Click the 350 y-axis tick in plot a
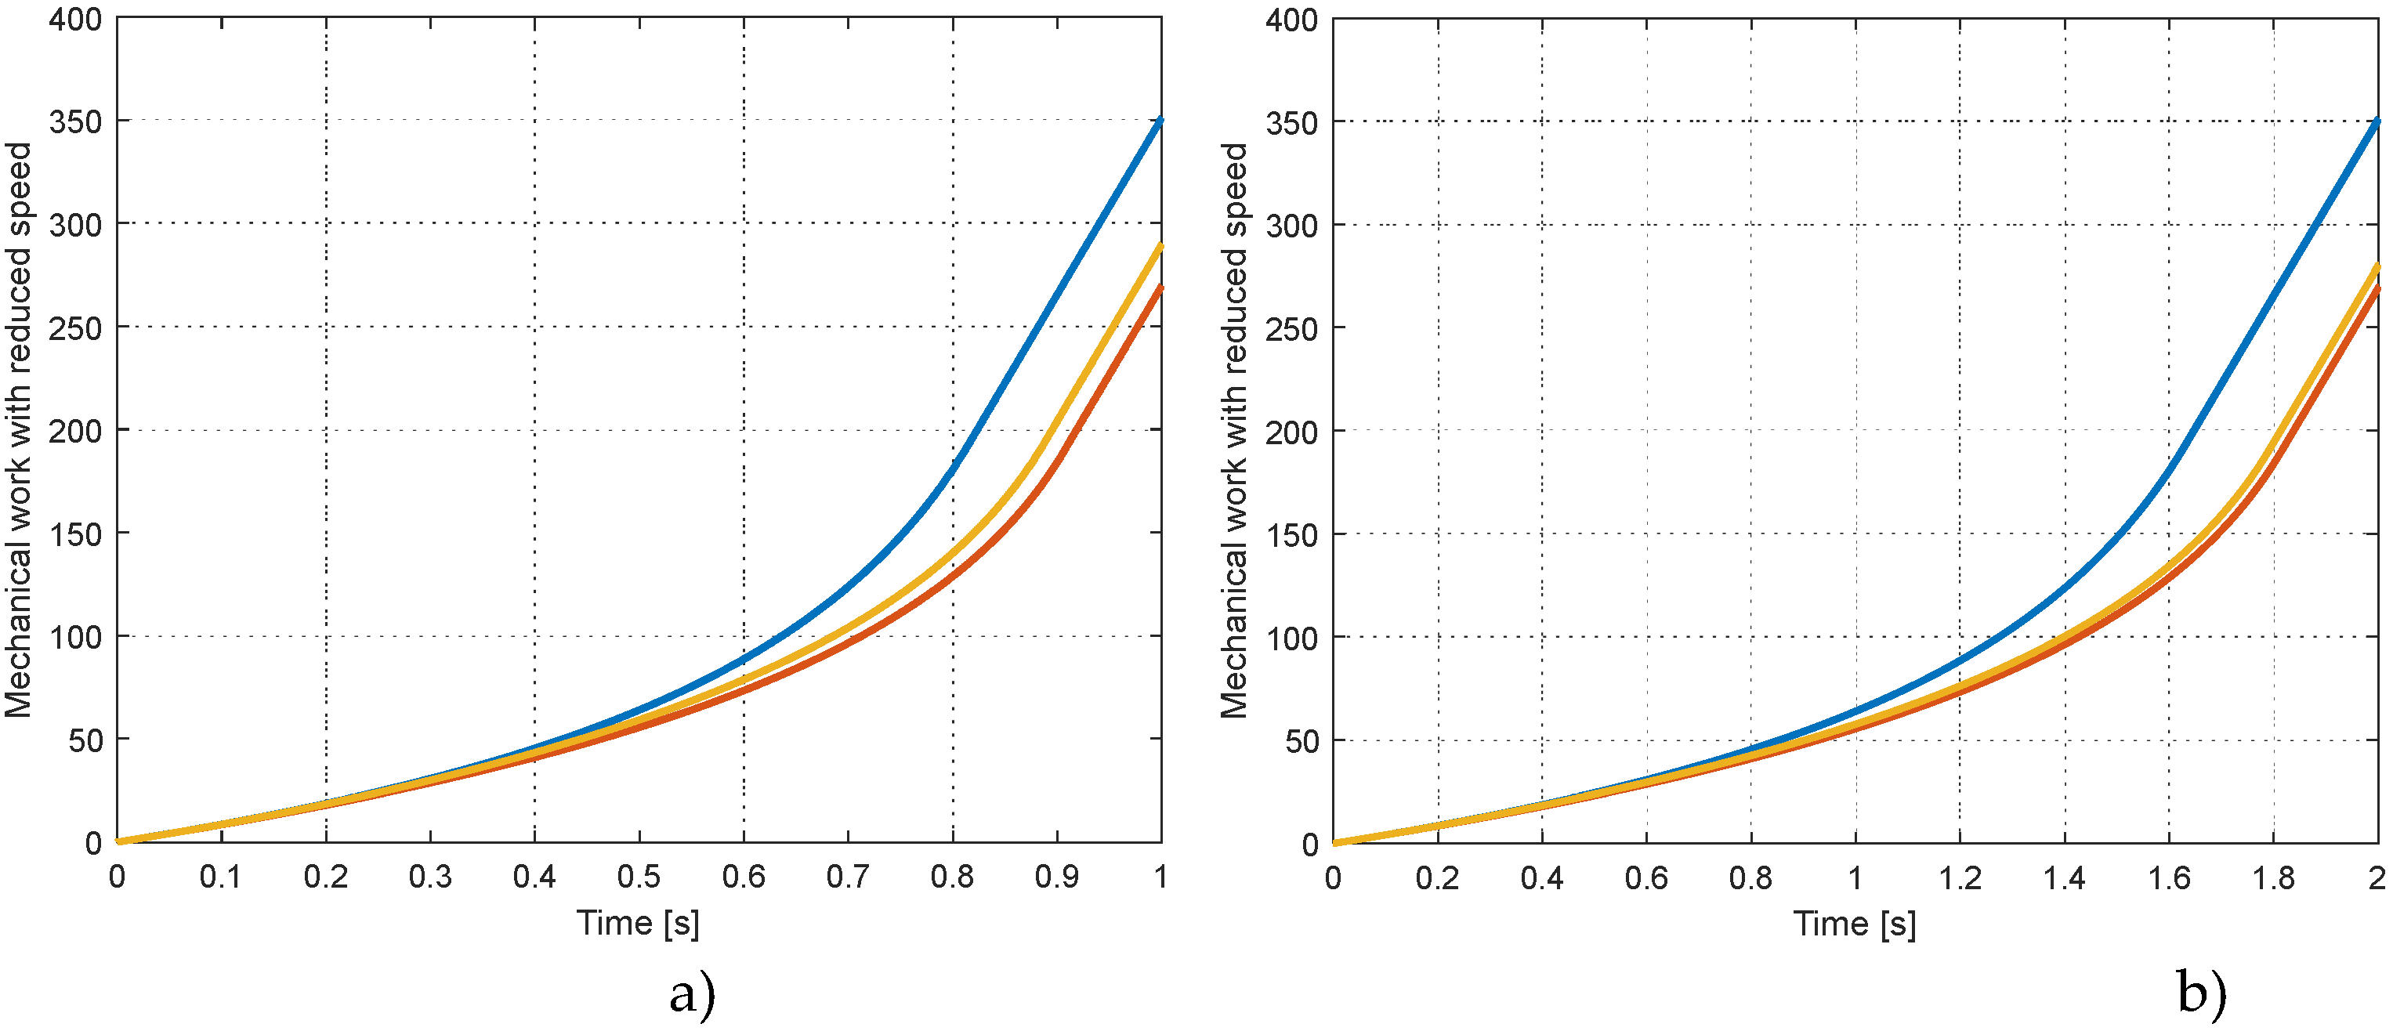pos(75,121)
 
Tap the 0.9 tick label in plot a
pos(1056,876)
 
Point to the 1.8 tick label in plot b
pos(2273,877)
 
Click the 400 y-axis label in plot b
pos(1291,20)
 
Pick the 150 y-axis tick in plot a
pos(75,535)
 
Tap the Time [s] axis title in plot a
pos(638,923)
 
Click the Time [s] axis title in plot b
pos(1854,924)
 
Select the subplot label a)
pos(692,995)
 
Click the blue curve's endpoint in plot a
pos(1160,121)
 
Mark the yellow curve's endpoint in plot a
pos(1160,247)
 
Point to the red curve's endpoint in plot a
pos(1160,289)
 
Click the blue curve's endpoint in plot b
pos(2377,121)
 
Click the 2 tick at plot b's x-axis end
pos(2377,877)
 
